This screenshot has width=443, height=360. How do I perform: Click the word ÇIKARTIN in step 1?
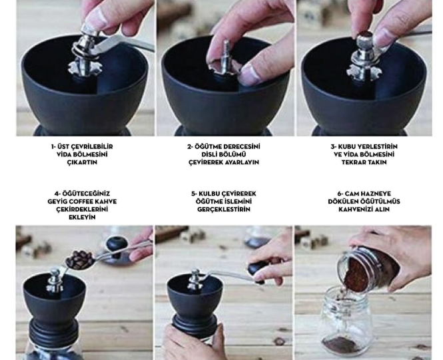pyautogui.click(x=82, y=162)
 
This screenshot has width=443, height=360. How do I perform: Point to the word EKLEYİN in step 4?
pyautogui.click(x=82, y=217)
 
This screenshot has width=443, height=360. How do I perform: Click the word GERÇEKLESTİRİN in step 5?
pyautogui.click(x=224, y=210)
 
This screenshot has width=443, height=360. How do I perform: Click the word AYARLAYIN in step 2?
pyautogui.click(x=242, y=162)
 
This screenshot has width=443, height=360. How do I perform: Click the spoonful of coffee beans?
pyautogui.click(x=80, y=259)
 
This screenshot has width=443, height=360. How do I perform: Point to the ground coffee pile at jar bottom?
pyautogui.click(x=341, y=345)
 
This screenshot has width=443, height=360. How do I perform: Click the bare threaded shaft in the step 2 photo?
pyautogui.click(x=226, y=57)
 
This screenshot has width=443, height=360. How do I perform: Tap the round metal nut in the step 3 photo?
pyautogui.click(x=365, y=39)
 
